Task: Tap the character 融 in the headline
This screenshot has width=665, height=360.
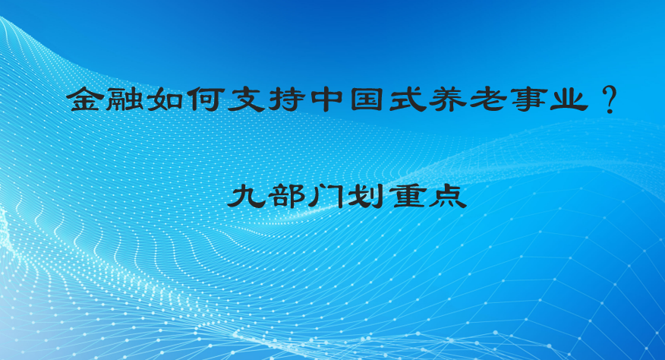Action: coord(124,99)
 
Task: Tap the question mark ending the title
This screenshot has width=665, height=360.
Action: coord(609,100)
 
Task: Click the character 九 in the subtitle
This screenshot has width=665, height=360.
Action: coord(245,196)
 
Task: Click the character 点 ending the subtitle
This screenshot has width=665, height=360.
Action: coord(448,196)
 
